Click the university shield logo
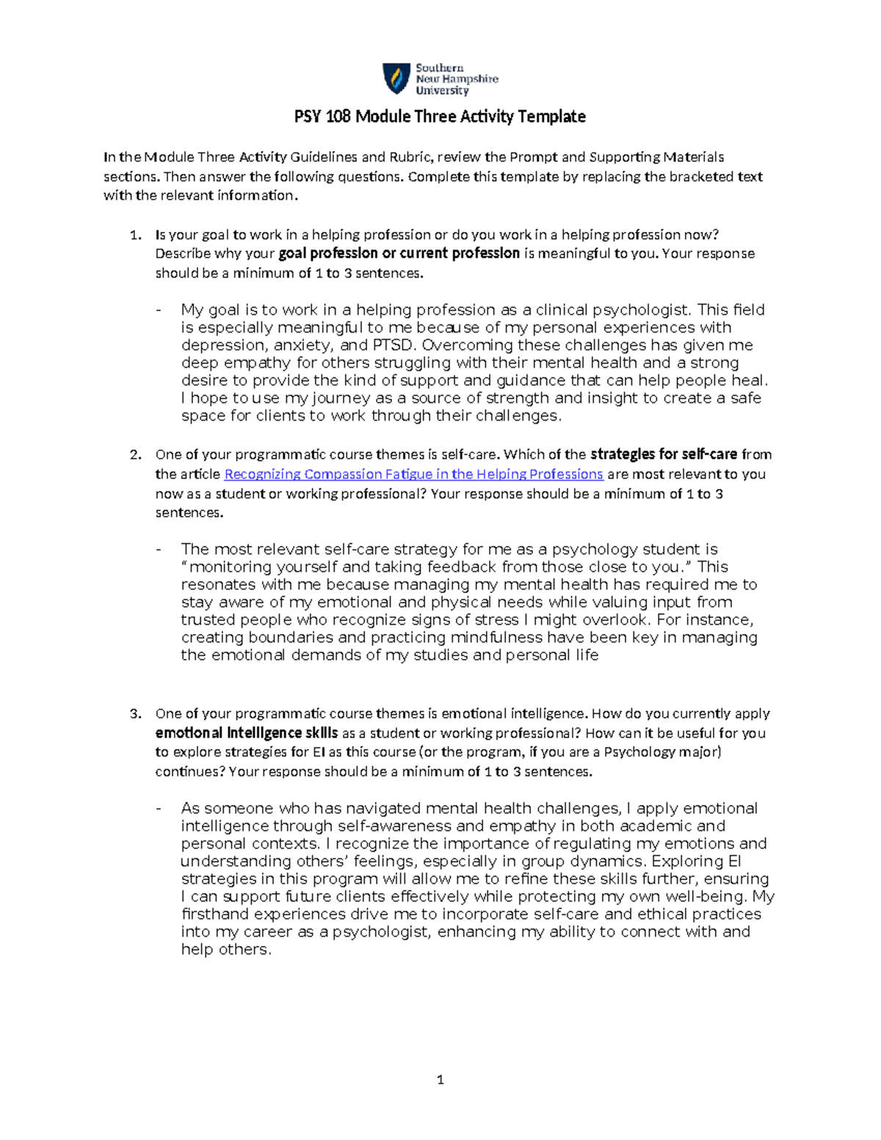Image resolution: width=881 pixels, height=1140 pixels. coord(396,79)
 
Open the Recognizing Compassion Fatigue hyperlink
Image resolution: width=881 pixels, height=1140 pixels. coord(413,474)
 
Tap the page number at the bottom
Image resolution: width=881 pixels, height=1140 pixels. coord(440,1079)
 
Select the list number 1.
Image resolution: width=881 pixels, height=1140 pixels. coord(134,235)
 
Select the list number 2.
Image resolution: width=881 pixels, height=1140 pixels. coord(134,454)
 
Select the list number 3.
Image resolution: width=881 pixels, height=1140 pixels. coord(134,714)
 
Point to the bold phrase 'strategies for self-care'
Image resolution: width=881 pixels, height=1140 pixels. coord(664,454)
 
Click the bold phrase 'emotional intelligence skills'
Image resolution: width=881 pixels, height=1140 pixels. coord(247,733)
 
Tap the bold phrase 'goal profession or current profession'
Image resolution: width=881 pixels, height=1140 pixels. coord(399,253)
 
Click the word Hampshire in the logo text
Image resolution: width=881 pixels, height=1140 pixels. coord(470,79)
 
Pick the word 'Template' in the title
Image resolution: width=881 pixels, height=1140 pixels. coord(551,117)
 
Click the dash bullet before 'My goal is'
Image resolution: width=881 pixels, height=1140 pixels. coord(158,310)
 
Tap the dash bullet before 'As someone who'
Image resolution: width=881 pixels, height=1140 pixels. coord(158,808)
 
